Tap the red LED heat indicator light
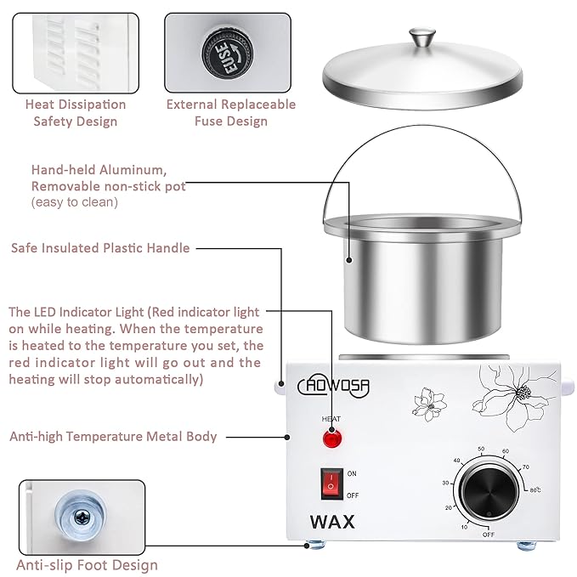[x=331, y=439]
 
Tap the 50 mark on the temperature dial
[x=481, y=449]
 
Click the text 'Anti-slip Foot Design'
[x=88, y=564]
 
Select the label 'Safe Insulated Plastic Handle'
[x=100, y=248]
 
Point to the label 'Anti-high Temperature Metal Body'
[x=113, y=437]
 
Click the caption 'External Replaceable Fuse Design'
[x=230, y=113]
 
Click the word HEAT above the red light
[x=331, y=420]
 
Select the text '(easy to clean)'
[x=75, y=202]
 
